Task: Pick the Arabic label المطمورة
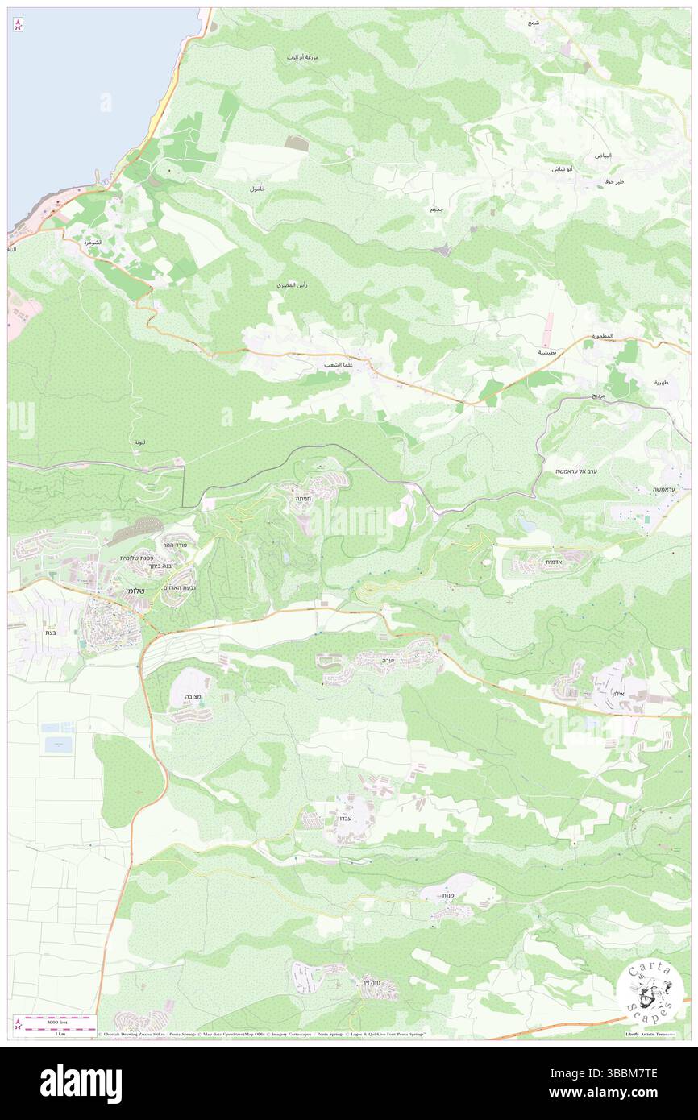click(x=601, y=335)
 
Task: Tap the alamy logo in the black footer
click(x=81, y=1084)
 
